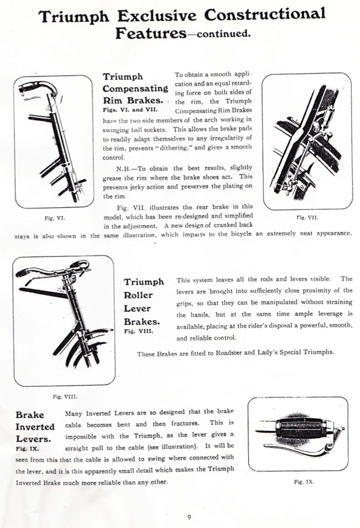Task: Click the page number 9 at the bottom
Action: point(189,517)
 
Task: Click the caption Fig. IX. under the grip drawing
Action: point(304,482)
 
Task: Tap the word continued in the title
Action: point(223,33)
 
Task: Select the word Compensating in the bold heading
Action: point(135,89)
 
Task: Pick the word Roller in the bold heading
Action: point(138,295)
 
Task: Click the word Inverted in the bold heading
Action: point(35,427)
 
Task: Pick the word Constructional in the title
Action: point(265,15)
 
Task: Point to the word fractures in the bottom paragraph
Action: point(185,423)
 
